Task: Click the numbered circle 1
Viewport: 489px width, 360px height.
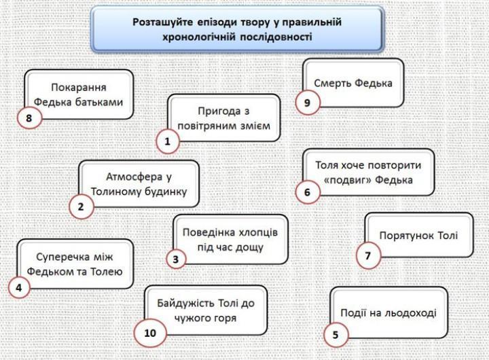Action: [167, 141]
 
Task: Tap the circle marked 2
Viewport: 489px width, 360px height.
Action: [81, 206]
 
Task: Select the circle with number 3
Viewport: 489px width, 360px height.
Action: [176, 259]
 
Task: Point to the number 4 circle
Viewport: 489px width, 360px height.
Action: [19, 287]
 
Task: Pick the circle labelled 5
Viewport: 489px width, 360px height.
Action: [336, 334]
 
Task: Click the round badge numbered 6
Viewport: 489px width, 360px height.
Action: [307, 192]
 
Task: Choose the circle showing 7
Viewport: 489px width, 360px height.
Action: [368, 256]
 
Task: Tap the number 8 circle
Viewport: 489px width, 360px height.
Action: [29, 118]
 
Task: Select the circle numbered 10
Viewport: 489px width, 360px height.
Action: [150, 332]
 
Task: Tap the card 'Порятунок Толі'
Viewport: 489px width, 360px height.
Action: [419, 236]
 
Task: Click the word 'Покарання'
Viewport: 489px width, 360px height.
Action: [79, 88]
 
